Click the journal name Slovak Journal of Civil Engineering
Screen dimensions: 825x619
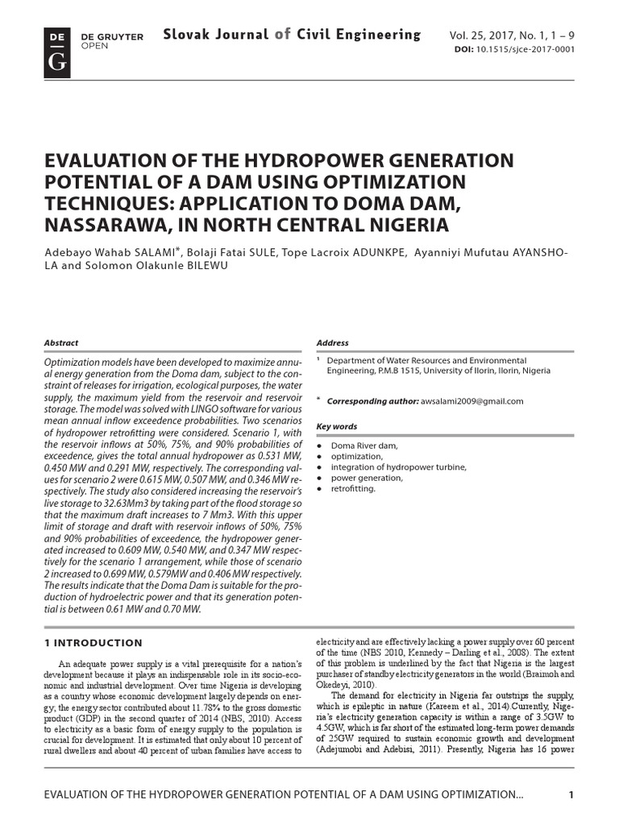[x=292, y=35]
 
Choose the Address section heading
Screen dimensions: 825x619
[x=333, y=342]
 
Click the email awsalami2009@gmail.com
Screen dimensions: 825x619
[x=472, y=401]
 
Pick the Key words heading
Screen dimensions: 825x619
[x=336, y=427]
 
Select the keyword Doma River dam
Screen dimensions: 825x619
[x=364, y=446]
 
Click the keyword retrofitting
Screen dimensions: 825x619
[x=353, y=488]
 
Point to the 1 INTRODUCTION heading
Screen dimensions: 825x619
[x=93, y=643]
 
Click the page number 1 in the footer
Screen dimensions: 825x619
[x=571, y=795]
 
